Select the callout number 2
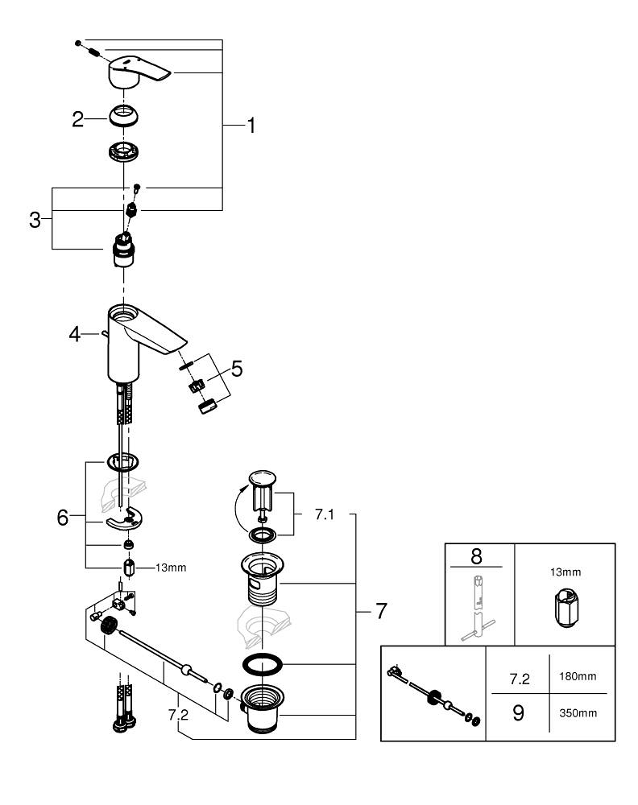(77, 120)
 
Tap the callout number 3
(35, 219)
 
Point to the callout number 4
(75, 333)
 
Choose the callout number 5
(236, 369)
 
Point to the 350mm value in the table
(578, 713)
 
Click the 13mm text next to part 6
(170, 567)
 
